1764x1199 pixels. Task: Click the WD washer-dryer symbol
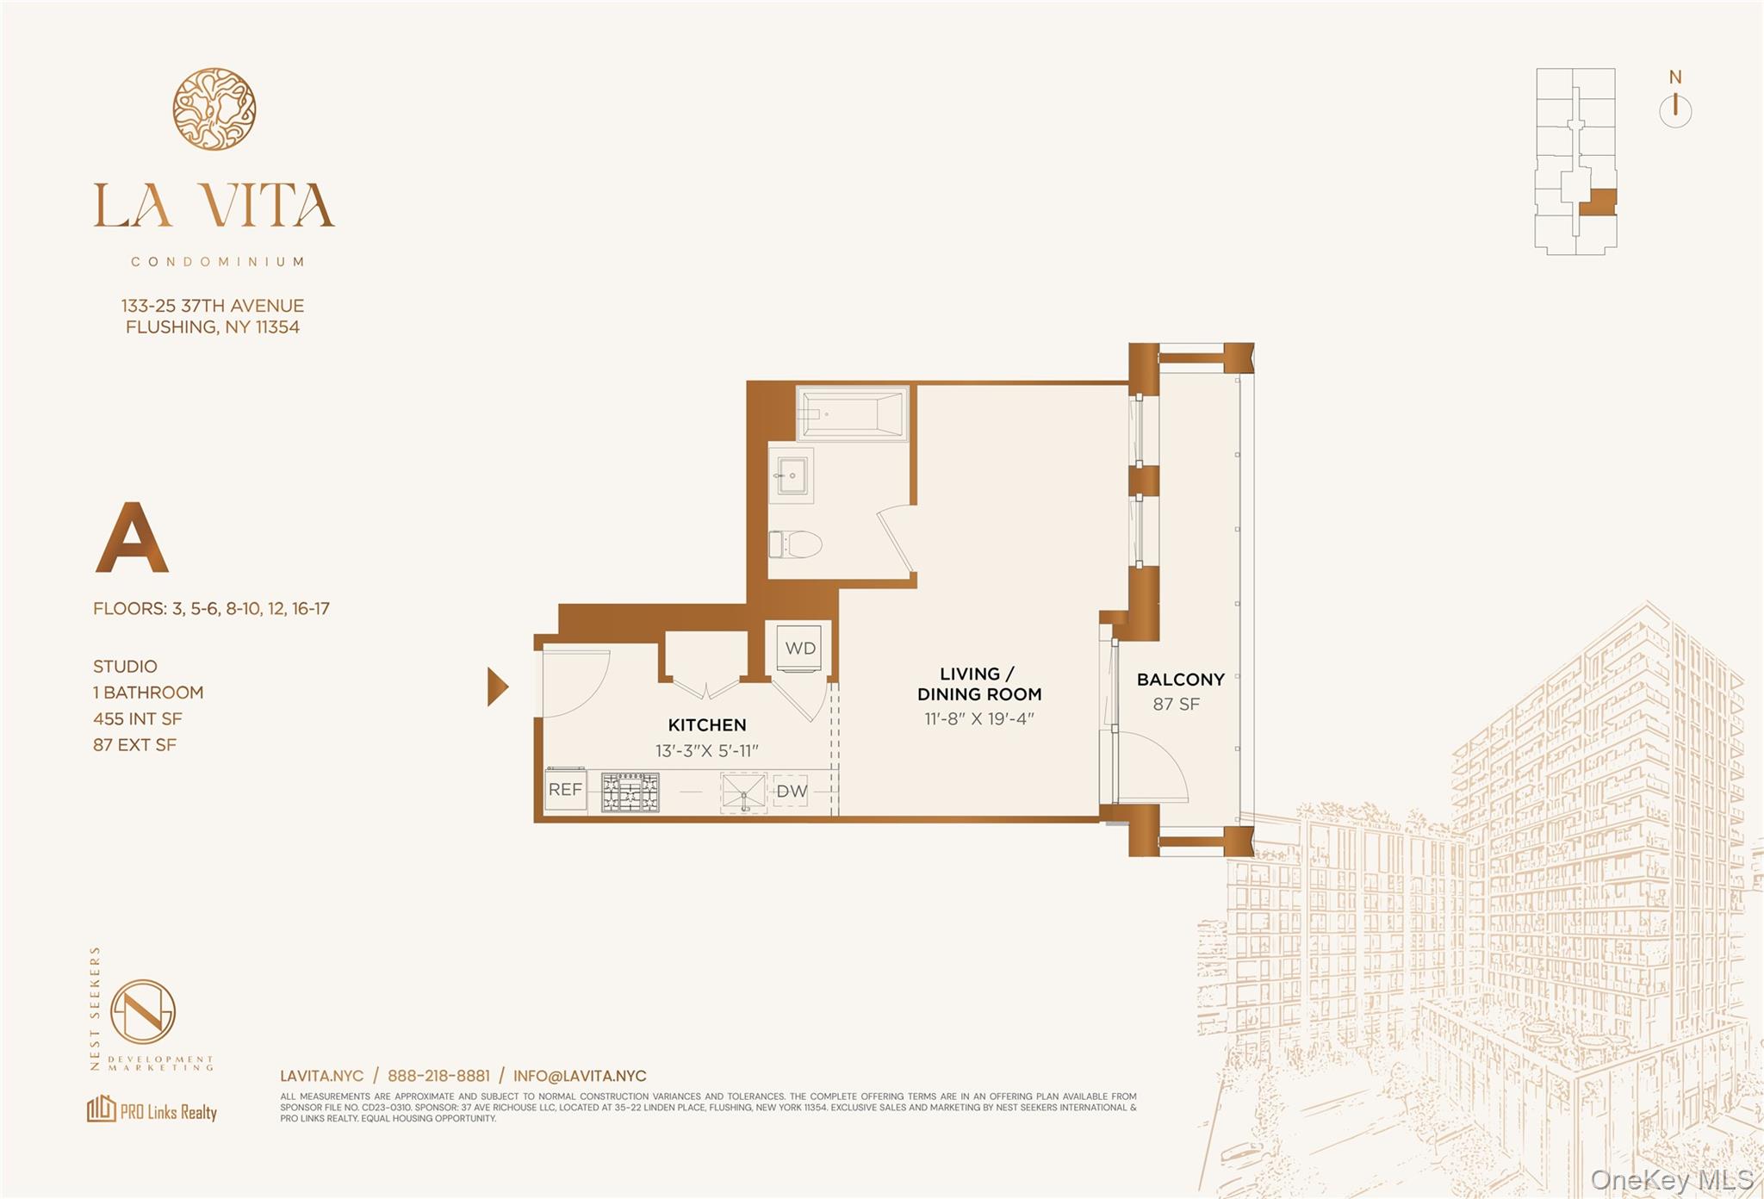[800, 648]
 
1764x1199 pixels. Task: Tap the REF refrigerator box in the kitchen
[565, 789]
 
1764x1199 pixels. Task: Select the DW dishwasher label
[791, 791]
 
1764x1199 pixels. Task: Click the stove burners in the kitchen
[630, 792]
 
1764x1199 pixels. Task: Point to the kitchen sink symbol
[743, 792]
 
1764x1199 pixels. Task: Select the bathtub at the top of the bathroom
[853, 413]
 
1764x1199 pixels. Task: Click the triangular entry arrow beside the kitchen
[497, 686]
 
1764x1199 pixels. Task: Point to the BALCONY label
[1180, 680]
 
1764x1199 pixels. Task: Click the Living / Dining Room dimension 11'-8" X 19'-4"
[978, 718]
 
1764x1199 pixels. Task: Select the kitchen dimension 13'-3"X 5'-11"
[706, 750]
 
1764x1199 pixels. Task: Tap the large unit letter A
[131, 539]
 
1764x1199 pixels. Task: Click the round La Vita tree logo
[214, 109]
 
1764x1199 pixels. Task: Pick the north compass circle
[1674, 111]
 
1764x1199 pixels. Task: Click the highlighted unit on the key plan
[1601, 203]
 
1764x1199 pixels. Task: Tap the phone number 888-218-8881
[438, 1076]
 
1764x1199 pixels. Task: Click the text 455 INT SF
[138, 718]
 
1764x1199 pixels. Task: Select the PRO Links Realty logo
[152, 1109]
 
